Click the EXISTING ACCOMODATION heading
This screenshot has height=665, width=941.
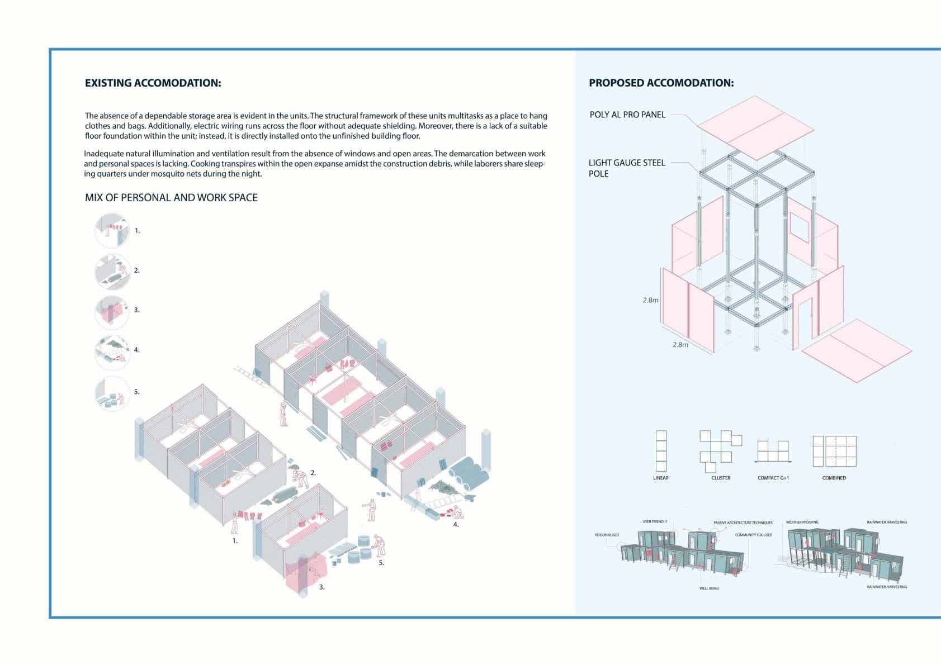pos(153,83)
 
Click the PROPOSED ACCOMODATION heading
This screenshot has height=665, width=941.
pos(661,83)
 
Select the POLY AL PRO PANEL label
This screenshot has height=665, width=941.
pos(627,115)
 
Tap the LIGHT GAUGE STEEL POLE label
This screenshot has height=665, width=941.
pos(626,168)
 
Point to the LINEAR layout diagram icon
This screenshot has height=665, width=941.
pos(661,450)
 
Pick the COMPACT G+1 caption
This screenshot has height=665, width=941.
pos(773,478)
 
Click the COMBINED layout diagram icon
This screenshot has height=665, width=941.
pos(834,451)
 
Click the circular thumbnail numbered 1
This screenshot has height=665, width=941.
pos(112,230)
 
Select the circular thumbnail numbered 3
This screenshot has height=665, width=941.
pos(112,310)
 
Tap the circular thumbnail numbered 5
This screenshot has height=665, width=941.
pos(112,393)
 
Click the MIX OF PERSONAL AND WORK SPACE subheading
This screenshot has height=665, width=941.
pos(171,198)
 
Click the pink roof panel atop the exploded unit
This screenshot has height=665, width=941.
pos(756,127)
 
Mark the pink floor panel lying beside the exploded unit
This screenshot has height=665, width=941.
pos(857,350)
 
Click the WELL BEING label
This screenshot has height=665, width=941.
pos(709,588)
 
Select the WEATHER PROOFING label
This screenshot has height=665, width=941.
pos(802,522)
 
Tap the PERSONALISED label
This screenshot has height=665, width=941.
pos(606,535)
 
